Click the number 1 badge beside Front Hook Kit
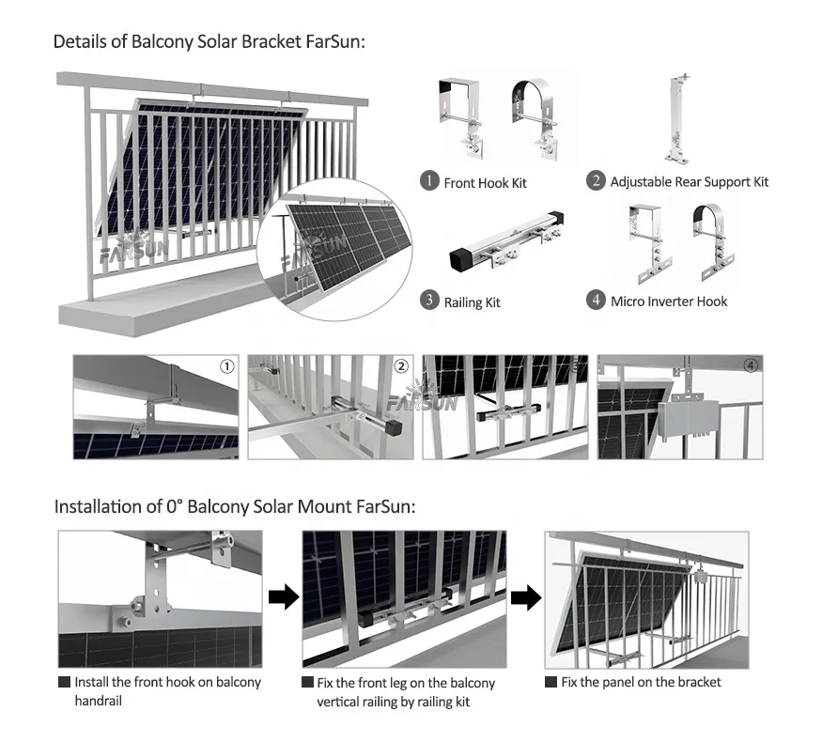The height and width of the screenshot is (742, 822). click(429, 181)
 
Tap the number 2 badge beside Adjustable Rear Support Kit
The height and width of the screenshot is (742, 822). click(596, 180)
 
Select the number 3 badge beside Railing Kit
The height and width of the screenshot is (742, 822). click(429, 301)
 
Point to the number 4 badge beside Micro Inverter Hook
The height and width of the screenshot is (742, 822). click(596, 301)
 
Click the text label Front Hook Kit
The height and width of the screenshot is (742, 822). click(485, 183)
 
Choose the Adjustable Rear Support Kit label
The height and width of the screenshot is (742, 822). click(690, 182)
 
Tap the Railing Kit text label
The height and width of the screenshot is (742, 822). click(472, 302)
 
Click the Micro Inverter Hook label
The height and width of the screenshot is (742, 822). click(669, 301)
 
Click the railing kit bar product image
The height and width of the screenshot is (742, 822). click(506, 241)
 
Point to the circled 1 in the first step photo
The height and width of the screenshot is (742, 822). click(227, 367)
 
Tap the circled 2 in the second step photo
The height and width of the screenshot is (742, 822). click(401, 366)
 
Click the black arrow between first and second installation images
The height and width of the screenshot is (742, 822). click(284, 596)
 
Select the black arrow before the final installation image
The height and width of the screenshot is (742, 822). click(526, 597)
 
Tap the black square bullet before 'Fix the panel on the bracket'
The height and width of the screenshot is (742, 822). click(551, 682)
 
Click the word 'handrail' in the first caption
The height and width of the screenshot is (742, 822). click(98, 701)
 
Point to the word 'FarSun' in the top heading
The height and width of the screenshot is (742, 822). click(333, 41)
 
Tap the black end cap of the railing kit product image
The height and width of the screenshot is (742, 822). click(462, 260)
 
